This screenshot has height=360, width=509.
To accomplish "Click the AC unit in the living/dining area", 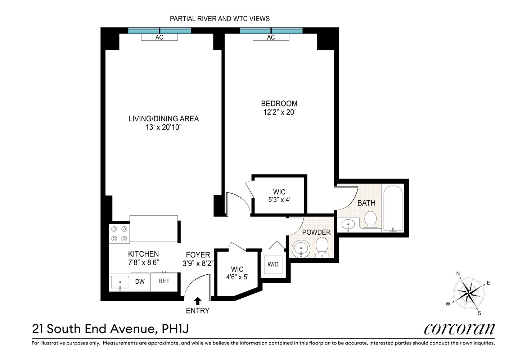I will (x=159, y=37).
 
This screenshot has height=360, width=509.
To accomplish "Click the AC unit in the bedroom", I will (x=271, y=37).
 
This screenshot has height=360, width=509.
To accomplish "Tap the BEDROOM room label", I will (x=279, y=104).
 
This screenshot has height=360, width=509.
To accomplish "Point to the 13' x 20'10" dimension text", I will (x=163, y=127).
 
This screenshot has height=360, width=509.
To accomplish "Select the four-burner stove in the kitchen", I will (x=120, y=233).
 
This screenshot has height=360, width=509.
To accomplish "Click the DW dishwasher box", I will (x=140, y=282).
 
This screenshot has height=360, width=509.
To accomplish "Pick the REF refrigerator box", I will (x=164, y=281).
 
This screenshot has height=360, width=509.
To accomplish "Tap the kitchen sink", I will (x=120, y=283).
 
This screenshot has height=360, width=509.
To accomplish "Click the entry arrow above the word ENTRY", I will (x=198, y=301).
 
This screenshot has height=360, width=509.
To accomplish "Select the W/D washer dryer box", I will (x=273, y=265).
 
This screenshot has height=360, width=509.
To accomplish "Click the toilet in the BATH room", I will (x=370, y=220).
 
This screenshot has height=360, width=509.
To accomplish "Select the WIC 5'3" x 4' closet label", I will (x=279, y=195).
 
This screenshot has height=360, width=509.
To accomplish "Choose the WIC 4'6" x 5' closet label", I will (x=237, y=273).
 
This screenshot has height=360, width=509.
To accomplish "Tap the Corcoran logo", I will (x=459, y=329).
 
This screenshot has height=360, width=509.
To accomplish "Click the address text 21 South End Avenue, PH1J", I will (x=110, y=329).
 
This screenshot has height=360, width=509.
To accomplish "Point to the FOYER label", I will (x=198, y=255).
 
